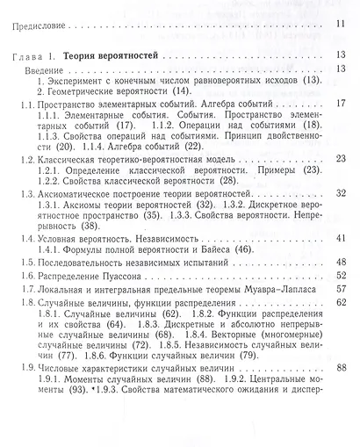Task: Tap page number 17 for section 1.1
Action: [342, 103]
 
